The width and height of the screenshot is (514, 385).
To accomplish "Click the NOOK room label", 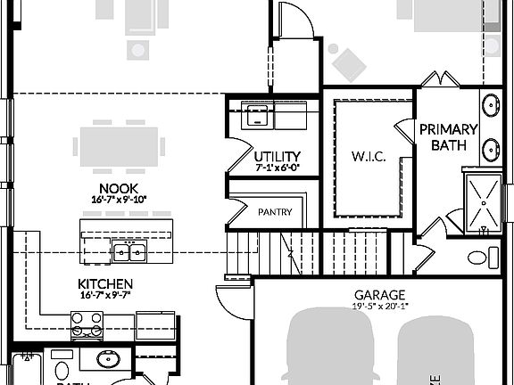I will point(118,188).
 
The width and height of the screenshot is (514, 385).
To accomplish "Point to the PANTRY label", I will point(275,212).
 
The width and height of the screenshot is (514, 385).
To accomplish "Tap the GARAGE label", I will point(379,295).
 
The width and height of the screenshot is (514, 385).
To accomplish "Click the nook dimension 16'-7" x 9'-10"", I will point(118,200).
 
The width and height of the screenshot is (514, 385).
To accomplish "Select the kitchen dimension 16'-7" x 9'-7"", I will point(106,295).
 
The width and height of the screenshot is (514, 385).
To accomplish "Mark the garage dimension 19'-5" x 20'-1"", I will point(379,306).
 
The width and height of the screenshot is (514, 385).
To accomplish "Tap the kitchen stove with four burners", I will point(87,332).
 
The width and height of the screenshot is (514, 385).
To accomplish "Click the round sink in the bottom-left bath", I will point(109,361).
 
